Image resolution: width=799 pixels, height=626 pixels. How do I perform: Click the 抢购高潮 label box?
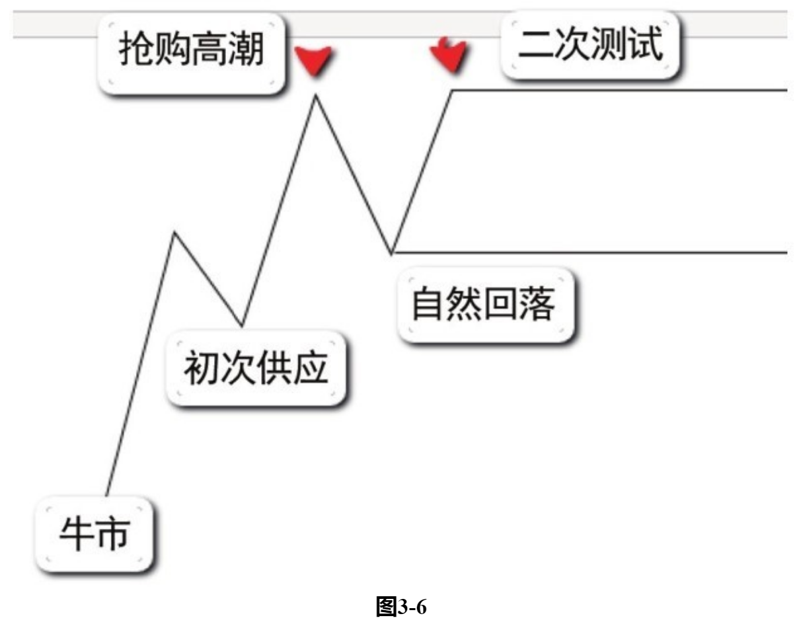click(x=192, y=51)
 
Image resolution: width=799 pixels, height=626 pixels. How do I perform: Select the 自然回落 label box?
click(x=484, y=305)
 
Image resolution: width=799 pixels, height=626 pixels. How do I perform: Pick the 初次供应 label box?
click(x=256, y=369)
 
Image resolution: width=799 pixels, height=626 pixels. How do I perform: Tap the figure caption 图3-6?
click(x=399, y=606)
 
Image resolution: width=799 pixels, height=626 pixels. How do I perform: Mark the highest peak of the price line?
click(x=315, y=97)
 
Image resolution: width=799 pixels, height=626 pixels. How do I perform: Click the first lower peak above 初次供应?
click(x=174, y=233)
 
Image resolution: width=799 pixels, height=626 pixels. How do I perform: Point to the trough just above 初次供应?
click(x=242, y=325)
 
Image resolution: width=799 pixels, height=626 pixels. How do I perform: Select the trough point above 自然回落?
click(x=392, y=252)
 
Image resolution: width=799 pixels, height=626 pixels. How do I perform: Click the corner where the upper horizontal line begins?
click(x=452, y=90)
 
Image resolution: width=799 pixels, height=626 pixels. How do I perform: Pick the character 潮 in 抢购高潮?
click(x=245, y=51)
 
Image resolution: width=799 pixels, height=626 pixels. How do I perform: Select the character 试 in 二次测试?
click(x=645, y=46)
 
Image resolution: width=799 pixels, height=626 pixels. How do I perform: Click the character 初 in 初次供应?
click(x=202, y=369)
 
